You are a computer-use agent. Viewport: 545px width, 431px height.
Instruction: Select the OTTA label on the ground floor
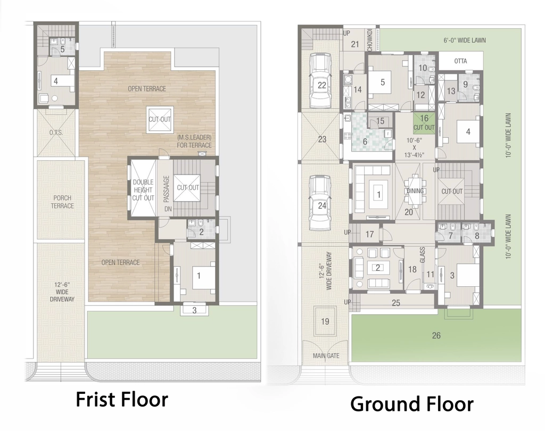click(460, 61)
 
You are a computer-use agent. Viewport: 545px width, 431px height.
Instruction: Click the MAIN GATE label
click(326, 355)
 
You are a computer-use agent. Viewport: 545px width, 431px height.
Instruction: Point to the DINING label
click(415, 191)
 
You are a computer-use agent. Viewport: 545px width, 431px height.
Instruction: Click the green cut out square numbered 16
click(424, 122)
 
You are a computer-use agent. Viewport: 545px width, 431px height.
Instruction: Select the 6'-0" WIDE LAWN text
click(464, 40)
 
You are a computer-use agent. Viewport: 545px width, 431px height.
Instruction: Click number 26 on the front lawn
click(436, 335)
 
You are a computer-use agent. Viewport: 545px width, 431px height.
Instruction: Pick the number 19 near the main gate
click(325, 321)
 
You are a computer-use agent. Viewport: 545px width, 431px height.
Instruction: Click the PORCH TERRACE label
click(62, 202)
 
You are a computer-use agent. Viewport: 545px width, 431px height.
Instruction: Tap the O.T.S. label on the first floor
click(56, 132)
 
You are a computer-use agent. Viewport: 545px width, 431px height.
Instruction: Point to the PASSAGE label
click(166, 189)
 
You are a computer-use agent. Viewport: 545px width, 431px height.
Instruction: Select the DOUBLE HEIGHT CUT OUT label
click(143, 190)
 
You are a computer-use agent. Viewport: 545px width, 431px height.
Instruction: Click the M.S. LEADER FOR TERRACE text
click(194, 142)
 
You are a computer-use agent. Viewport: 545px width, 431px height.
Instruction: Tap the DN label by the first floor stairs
click(168, 209)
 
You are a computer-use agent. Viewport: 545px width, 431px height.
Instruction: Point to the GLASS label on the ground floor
click(422, 255)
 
